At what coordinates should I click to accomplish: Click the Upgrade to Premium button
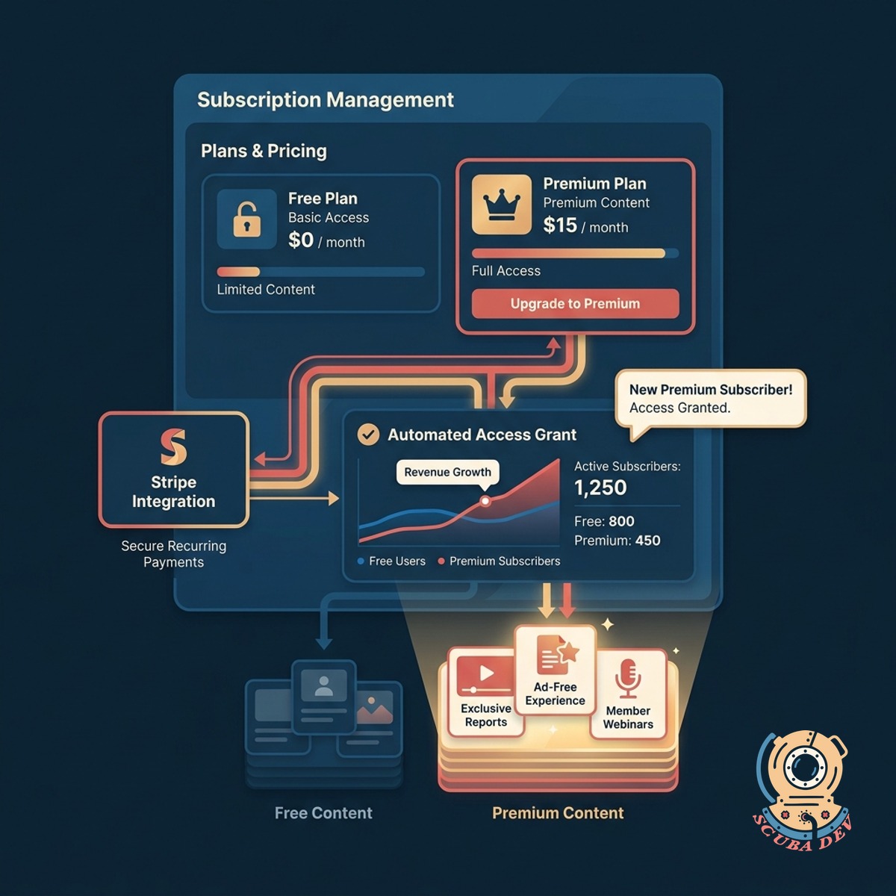tap(575, 304)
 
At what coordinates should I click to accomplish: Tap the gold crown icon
tap(501, 205)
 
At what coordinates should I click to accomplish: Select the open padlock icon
tap(246, 219)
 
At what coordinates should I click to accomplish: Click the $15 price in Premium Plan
tap(560, 225)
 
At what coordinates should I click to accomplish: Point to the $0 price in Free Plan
tap(301, 240)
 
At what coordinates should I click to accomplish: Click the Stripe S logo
tap(173, 447)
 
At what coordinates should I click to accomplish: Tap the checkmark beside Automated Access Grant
tap(368, 435)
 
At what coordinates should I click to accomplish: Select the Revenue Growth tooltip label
tap(447, 473)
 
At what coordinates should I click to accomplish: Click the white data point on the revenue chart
tap(485, 501)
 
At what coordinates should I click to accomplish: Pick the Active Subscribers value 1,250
tap(600, 488)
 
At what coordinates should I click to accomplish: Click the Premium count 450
tap(647, 541)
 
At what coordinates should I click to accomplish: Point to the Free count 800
tap(621, 521)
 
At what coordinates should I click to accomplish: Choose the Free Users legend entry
tap(391, 561)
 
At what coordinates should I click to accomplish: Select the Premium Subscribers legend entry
tap(499, 561)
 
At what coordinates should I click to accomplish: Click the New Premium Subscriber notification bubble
tap(711, 399)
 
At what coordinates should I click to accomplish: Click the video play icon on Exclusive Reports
tap(486, 673)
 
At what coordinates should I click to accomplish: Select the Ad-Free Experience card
tap(556, 670)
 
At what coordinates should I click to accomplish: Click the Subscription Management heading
tap(326, 100)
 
